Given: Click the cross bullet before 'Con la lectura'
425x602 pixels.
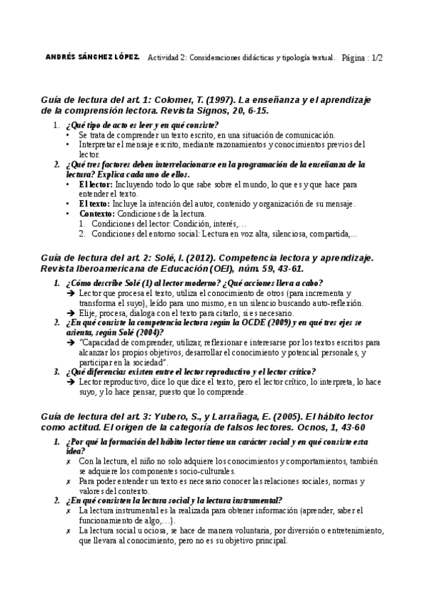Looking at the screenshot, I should [68, 461].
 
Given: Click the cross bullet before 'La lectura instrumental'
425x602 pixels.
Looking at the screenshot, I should [68, 510].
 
